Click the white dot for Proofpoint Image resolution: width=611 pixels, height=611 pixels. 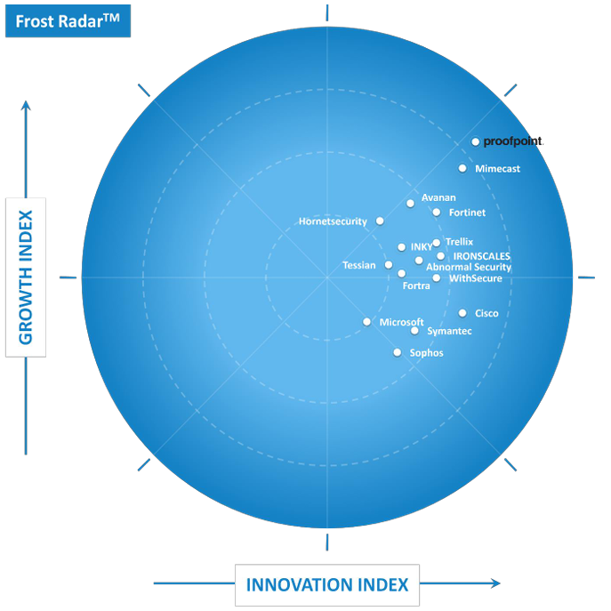pos(476,141)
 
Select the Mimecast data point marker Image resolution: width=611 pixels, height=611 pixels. pos(462,168)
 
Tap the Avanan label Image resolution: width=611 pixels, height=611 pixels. pos(438,197)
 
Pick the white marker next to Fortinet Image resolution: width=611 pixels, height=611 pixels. pos(437,212)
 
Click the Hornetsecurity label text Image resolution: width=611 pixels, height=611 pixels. pos(333,221)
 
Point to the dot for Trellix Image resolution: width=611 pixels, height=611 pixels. pos(436,243)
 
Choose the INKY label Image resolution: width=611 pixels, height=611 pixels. pos(422,247)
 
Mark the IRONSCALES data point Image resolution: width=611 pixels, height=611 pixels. pos(441,256)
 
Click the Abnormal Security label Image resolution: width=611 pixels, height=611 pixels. pos(469,267)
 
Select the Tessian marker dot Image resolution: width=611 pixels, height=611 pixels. pos(389,265)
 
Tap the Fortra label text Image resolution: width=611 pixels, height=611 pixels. pos(416,285)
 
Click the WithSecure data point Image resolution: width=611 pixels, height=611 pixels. pos(437,278)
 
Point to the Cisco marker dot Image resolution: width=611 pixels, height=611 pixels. pos(462,313)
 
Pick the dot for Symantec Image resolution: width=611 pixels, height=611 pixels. pos(414,331)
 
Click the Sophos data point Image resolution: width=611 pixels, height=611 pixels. pos(398,353)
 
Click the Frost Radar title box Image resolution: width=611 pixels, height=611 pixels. pos(68,20)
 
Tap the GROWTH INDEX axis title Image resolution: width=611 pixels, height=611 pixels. pos(25,277)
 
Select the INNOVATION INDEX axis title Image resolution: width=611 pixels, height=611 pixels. pos(327,584)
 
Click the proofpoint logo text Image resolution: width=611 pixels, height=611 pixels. pos(512,141)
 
